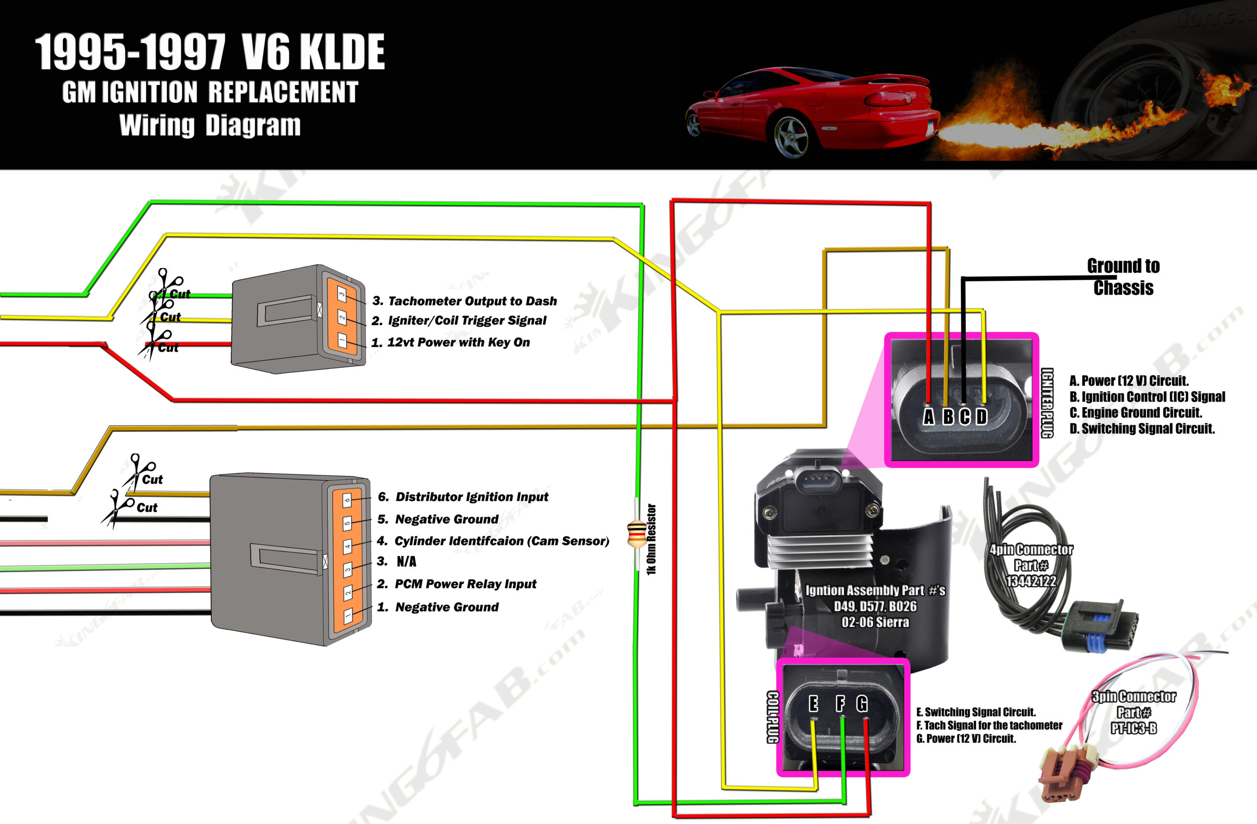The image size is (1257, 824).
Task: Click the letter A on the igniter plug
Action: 929,417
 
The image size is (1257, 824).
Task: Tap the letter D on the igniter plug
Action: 982,417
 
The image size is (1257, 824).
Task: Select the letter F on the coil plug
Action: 840,703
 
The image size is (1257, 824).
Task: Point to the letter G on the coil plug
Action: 862,703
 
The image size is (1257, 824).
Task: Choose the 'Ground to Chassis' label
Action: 1123,277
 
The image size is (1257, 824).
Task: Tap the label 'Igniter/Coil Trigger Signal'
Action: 467,321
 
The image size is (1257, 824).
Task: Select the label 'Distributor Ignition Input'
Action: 472,496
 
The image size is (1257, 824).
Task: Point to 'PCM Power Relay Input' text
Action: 465,584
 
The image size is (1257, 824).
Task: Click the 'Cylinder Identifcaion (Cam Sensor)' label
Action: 502,541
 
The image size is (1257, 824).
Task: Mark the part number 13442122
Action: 1031,581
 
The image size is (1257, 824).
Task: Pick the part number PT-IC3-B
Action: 1133,728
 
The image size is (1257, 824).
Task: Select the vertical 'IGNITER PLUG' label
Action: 1047,403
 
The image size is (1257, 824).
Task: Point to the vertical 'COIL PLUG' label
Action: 773,717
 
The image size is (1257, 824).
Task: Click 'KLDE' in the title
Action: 341,52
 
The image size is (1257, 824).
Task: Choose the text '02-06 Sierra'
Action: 875,622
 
